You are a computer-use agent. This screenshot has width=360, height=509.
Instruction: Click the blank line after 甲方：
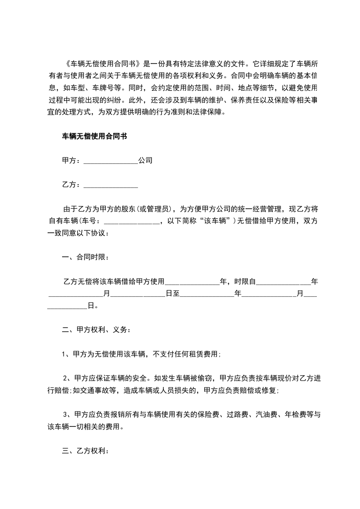pos(111,161)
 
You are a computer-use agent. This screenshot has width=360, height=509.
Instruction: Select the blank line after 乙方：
pos(111,185)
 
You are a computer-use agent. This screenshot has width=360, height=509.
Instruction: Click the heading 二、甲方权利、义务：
pos(96,330)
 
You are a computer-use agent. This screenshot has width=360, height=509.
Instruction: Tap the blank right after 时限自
pos(284,282)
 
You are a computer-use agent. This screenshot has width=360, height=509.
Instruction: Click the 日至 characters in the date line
pos(173,294)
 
